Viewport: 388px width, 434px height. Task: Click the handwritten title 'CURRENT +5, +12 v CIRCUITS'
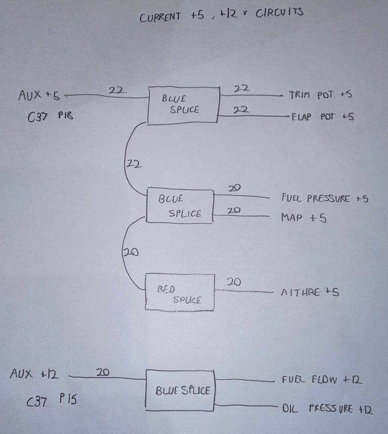pyautogui.click(x=221, y=14)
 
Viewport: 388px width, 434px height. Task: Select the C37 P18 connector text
pyautogui.click(x=50, y=116)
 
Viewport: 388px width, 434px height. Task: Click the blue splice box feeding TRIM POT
pyautogui.click(x=183, y=106)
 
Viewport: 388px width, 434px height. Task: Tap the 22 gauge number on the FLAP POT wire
pyautogui.click(x=242, y=109)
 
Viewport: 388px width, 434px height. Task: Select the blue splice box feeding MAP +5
pyautogui.click(x=180, y=206)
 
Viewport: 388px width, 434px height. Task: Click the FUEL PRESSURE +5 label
pyautogui.click(x=325, y=198)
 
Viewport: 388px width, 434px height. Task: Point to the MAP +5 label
pyautogui.click(x=303, y=218)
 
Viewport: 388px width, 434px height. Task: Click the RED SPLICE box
pyautogui.click(x=180, y=292)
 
